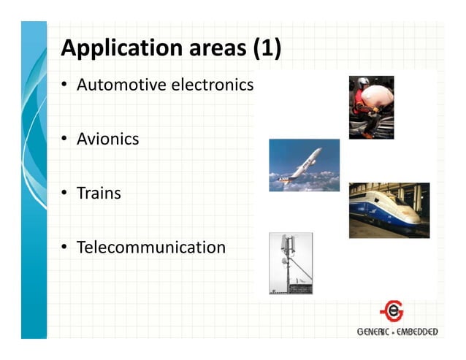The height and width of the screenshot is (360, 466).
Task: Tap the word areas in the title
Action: pyautogui.click(x=210, y=50)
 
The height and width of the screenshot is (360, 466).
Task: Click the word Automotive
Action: pyautogui.click(x=121, y=85)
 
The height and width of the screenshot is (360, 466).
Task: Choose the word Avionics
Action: pyautogui.click(x=107, y=139)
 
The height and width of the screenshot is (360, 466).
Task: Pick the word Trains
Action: pyautogui.click(x=99, y=194)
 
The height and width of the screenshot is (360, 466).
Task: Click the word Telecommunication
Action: pyautogui.click(x=151, y=248)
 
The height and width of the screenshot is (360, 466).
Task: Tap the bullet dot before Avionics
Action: pyautogui.click(x=64, y=139)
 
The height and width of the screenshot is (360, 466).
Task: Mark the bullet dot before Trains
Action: pyautogui.click(x=64, y=194)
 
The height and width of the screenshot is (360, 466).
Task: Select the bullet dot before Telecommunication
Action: pyautogui.click(x=64, y=248)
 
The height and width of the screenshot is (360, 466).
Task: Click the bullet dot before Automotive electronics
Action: pyautogui.click(x=64, y=85)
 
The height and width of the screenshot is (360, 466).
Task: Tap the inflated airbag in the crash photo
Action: pyautogui.click(x=378, y=95)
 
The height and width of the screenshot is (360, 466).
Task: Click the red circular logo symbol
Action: pyautogui.click(x=391, y=312)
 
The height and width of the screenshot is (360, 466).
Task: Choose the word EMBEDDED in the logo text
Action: pyautogui.click(x=418, y=332)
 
